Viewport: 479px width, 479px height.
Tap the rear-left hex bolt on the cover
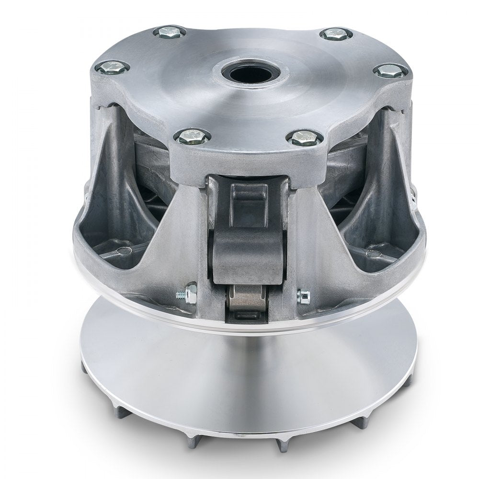(x=170, y=33)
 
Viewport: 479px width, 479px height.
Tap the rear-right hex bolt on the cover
(x=336, y=34)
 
